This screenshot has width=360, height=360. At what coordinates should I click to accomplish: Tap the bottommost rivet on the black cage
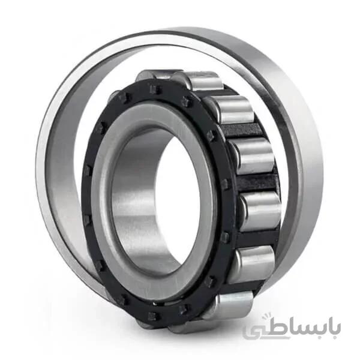click(x=152, y=317)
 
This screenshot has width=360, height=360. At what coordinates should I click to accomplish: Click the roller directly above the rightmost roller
click(x=253, y=156)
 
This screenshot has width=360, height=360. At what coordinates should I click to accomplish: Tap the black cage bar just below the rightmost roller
click(x=257, y=239)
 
